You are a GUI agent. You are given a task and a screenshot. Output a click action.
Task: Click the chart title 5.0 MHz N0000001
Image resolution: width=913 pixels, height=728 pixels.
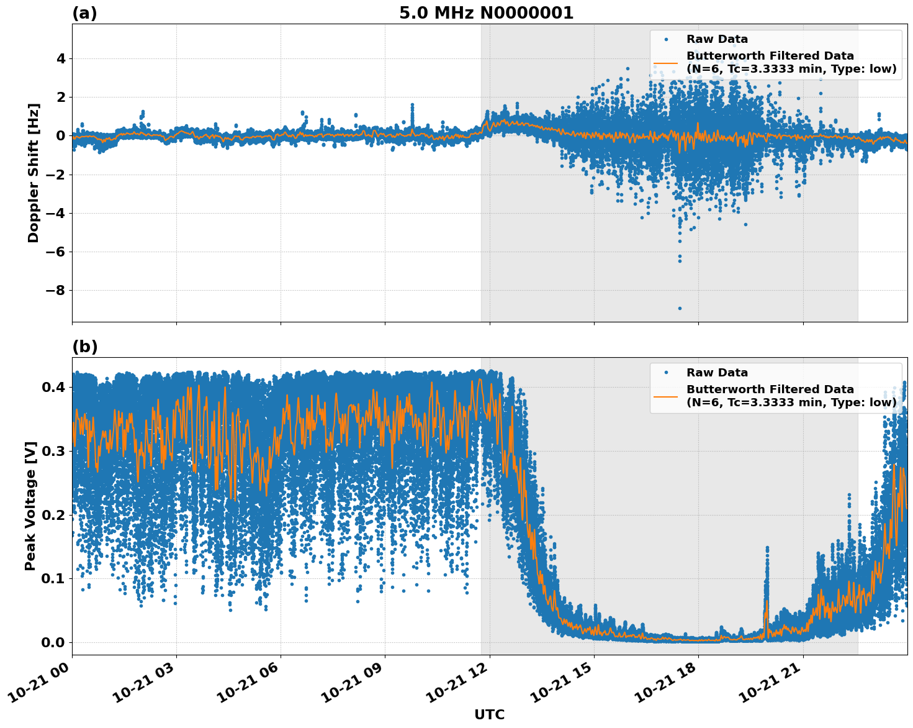[486, 13]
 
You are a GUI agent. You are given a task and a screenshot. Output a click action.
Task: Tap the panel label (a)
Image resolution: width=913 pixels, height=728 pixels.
[84, 13]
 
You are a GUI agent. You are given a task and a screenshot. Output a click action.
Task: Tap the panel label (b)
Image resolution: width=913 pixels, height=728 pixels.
[85, 347]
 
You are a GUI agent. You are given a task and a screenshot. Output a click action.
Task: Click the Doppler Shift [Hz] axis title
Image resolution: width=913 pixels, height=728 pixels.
[34, 173]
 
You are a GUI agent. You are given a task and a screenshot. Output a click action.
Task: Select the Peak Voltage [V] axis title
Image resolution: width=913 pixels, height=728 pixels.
[30, 506]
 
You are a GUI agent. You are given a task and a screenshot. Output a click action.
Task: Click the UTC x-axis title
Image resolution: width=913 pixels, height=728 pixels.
[489, 714]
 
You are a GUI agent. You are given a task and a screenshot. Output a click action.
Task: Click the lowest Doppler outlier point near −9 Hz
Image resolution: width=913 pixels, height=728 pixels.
[680, 308]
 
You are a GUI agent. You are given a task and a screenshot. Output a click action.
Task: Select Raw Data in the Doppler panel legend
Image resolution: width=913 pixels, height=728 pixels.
[717, 40]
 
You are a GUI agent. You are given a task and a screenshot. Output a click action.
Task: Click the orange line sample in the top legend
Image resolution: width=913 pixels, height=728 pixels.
[666, 62]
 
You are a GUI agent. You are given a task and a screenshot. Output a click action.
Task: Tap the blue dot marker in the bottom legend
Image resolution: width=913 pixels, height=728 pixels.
[666, 373]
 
